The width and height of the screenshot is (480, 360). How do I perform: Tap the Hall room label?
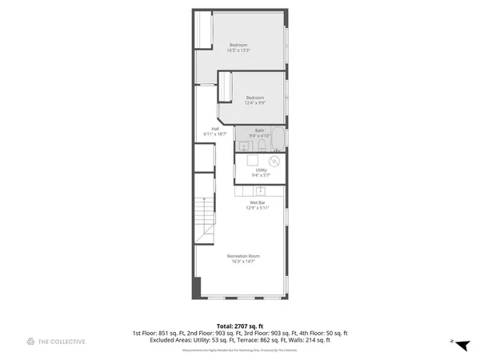point(215,131)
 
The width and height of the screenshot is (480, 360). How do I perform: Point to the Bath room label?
point(259,133)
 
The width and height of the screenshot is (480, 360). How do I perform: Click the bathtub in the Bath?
point(277,138)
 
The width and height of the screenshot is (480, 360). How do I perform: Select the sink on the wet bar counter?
point(259,191)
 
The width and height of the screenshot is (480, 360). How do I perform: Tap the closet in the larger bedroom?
point(205,48)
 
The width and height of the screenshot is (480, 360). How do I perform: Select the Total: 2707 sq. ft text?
point(239,326)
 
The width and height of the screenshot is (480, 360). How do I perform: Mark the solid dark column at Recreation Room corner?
point(194,288)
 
